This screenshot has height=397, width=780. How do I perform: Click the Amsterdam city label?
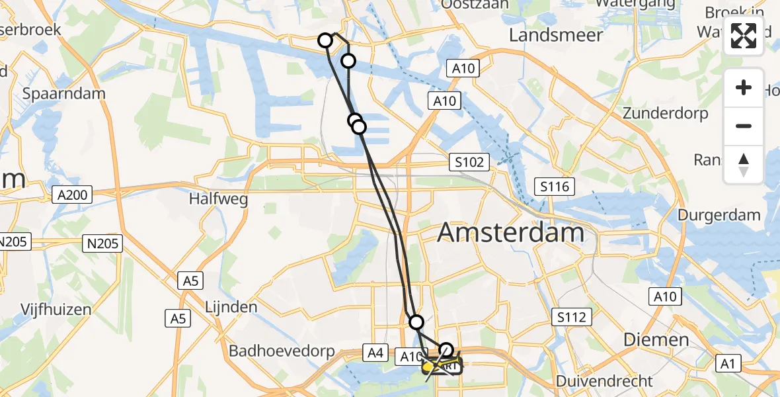tap(510, 233)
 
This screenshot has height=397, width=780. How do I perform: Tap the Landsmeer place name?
tap(555, 35)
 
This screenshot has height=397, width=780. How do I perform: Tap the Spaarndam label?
tap(64, 93)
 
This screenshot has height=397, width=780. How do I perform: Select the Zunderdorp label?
tap(666, 113)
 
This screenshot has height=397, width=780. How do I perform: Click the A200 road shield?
tap(73, 195)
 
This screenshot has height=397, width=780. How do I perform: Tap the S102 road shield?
tap(470, 161)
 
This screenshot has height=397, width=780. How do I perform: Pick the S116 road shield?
tap(553, 187)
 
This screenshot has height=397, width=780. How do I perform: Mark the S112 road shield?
tap(571, 318)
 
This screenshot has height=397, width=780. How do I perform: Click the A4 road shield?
tap(375, 353)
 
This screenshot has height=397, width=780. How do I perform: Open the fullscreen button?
tap(744, 36)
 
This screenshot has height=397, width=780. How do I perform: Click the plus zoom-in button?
tap(744, 87)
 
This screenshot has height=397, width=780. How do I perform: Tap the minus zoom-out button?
tap(744, 126)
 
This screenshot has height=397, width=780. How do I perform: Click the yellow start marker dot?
tap(428, 366)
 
